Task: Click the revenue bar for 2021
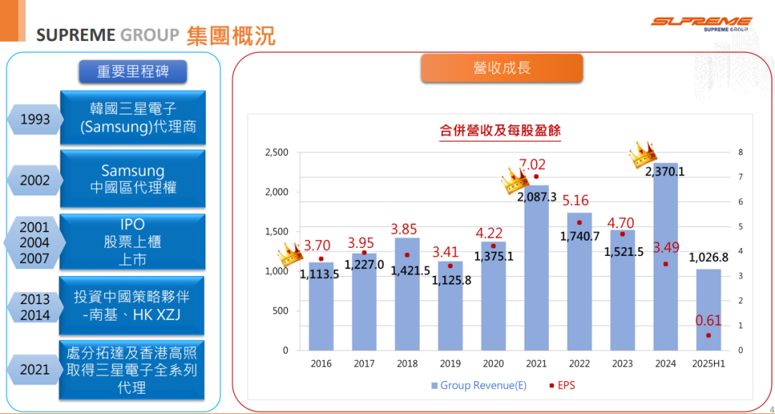click(536, 273)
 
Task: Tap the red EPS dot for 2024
click(666, 264)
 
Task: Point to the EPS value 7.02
click(532, 165)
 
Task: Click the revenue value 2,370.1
click(664, 172)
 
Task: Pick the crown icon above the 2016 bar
click(290, 253)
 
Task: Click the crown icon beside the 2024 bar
click(643, 154)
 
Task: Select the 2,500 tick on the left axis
click(276, 152)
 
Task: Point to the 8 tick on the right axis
click(740, 152)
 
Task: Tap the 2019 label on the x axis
click(450, 364)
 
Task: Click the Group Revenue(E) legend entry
click(479, 386)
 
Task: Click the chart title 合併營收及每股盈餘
click(500, 131)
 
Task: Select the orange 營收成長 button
click(502, 68)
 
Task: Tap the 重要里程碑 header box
click(132, 71)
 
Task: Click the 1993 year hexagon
click(35, 119)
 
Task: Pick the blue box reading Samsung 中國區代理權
click(133, 179)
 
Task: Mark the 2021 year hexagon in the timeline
click(35, 369)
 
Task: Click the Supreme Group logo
click(701, 24)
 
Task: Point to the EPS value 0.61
click(709, 321)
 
